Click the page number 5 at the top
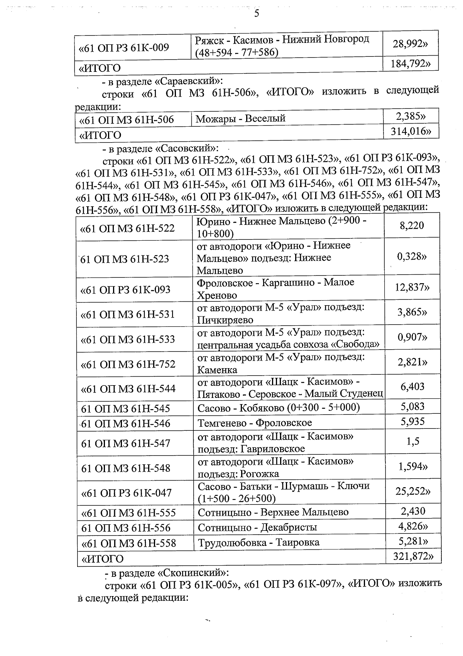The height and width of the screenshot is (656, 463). click(257, 14)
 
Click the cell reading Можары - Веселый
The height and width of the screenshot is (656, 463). click(241, 118)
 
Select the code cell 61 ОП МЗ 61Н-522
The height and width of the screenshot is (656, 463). click(127, 228)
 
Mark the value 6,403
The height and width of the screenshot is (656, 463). click(412, 386)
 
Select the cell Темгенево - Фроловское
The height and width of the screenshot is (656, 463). click(255, 423)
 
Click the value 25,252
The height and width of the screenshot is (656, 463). click(412, 491)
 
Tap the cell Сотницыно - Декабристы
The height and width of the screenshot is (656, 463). click(257, 527)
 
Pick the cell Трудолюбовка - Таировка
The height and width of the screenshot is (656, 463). click(259, 542)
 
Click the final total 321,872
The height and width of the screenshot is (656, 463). click(412, 556)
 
